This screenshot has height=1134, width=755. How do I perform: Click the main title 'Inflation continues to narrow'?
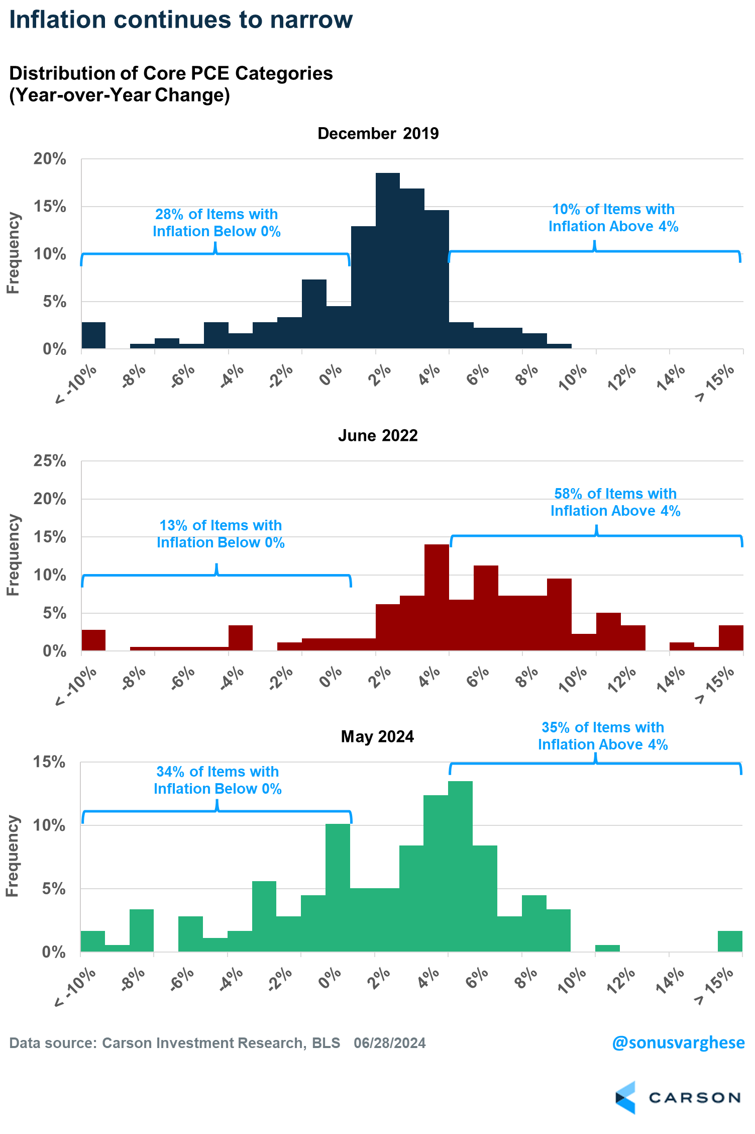click(181, 20)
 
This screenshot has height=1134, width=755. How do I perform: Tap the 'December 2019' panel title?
click(378, 134)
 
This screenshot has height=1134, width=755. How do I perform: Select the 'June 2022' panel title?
click(378, 435)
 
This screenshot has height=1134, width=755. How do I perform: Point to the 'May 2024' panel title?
click(377, 736)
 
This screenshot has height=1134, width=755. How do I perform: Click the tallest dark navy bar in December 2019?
click(388, 261)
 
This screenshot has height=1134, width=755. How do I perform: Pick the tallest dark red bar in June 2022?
click(437, 598)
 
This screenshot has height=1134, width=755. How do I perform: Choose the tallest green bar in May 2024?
click(460, 867)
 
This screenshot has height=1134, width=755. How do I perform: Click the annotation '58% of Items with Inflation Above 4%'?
click(615, 502)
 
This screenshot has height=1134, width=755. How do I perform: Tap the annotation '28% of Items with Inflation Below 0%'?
click(217, 223)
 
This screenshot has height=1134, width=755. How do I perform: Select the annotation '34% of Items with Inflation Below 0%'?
click(218, 780)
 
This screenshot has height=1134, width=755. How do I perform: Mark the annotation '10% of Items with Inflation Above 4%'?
click(613, 218)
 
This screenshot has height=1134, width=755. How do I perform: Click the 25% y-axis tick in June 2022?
click(50, 461)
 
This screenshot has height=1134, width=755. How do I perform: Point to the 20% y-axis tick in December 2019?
click(50, 159)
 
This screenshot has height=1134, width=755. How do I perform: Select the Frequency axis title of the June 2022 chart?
click(13, 555)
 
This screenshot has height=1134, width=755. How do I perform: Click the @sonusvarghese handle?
click(678, 1043)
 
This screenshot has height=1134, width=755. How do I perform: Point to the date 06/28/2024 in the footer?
click(390, 1044)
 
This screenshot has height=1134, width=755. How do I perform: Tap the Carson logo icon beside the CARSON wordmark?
click(625, 1098)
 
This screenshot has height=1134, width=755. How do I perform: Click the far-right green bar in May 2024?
click(730, 941)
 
